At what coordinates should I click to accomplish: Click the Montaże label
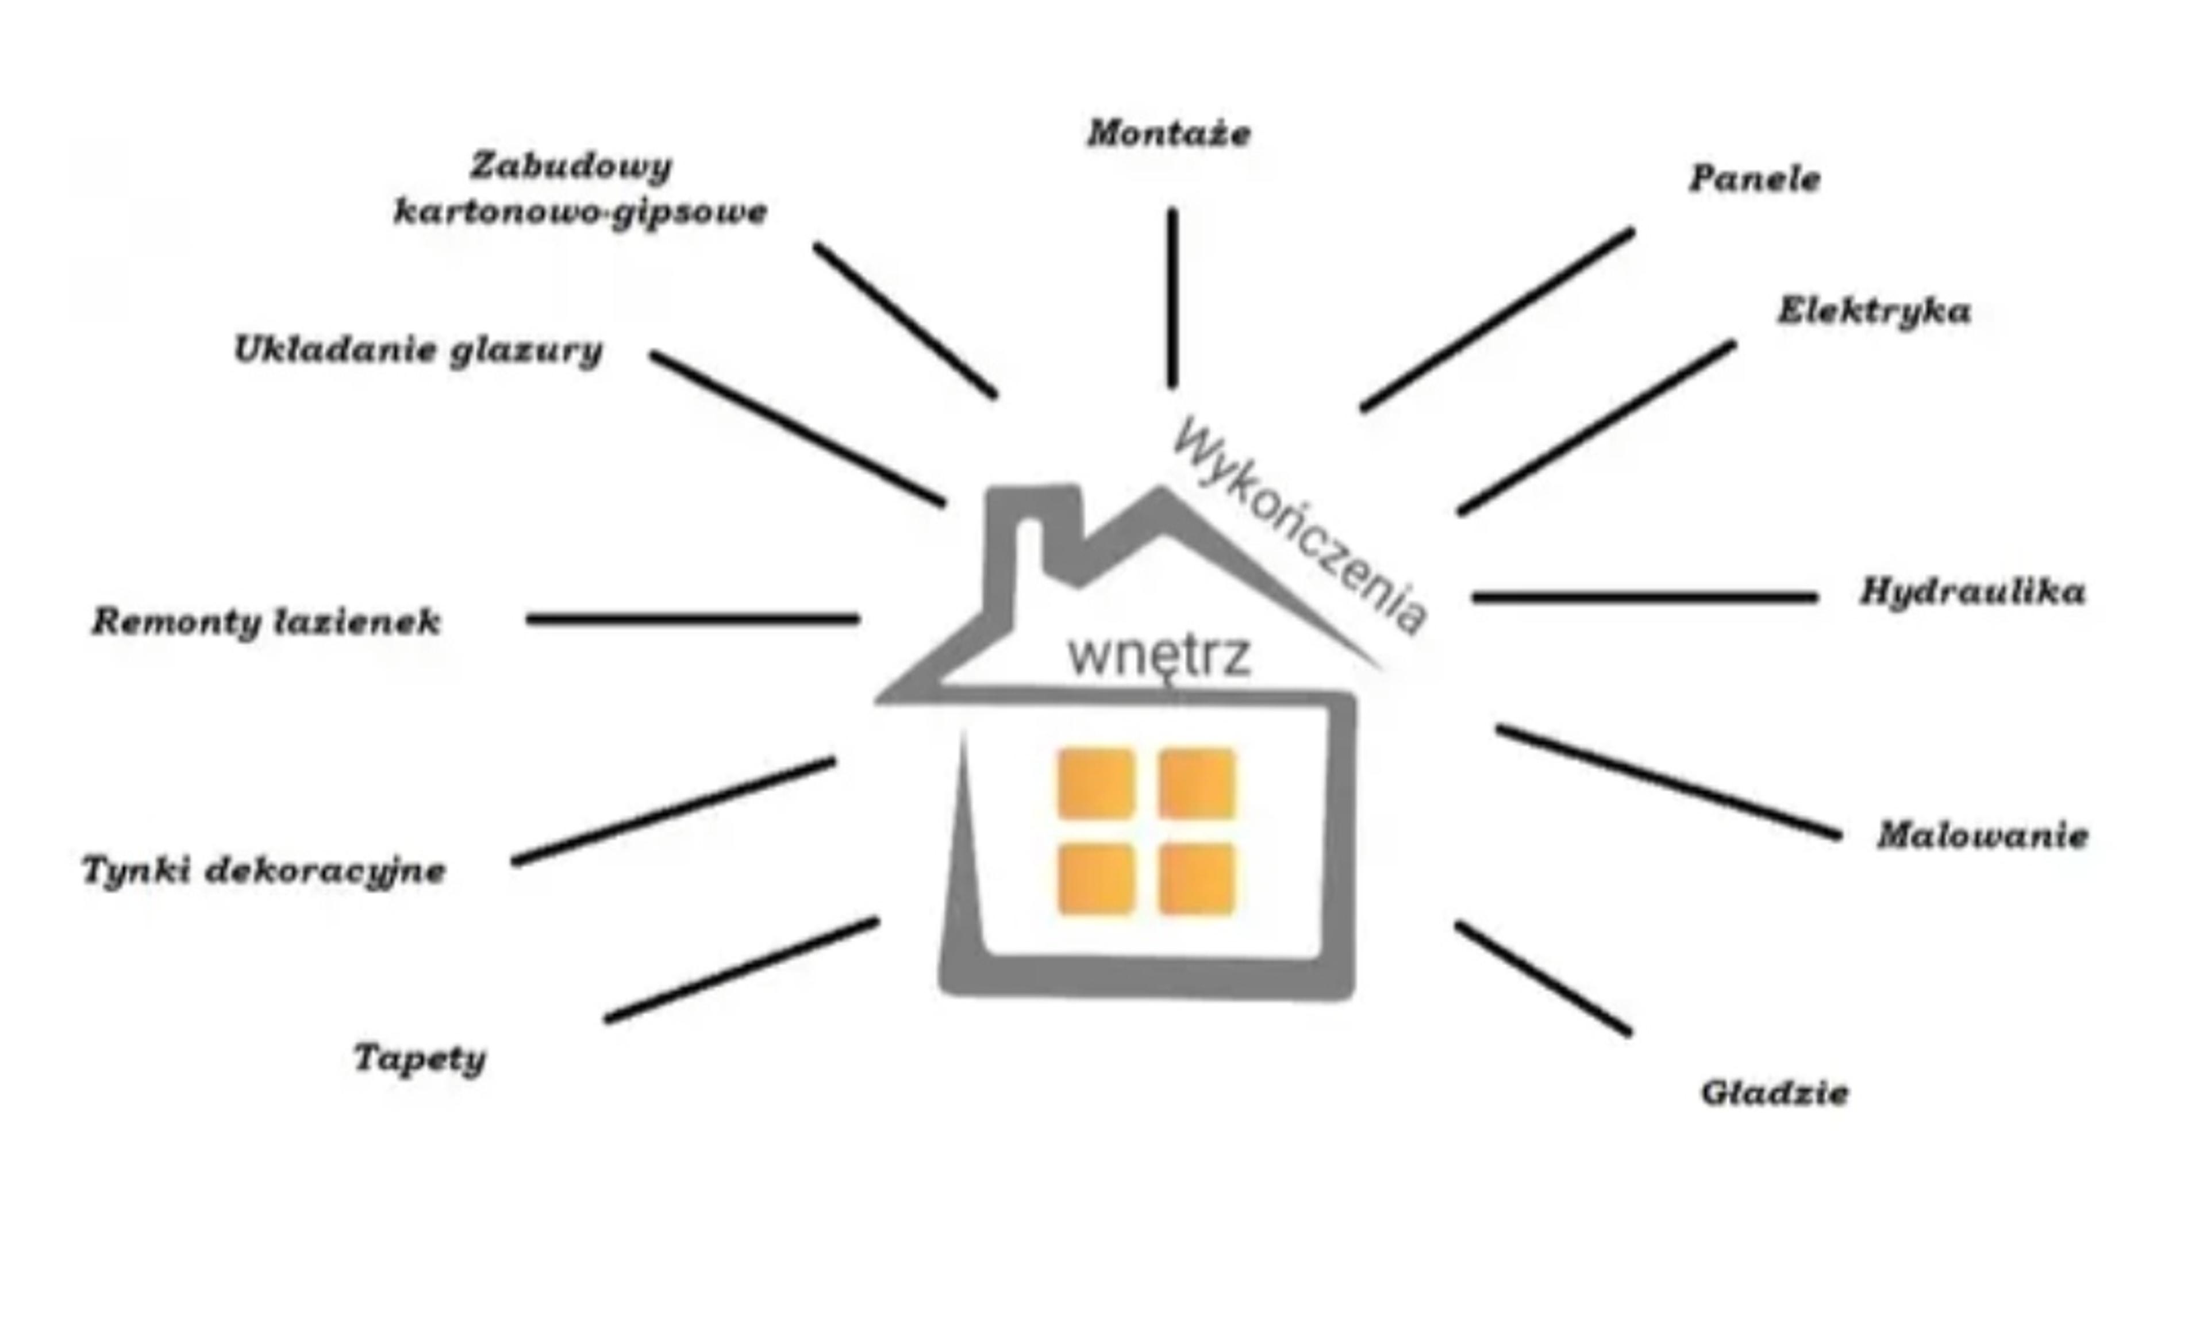click(1169, 133)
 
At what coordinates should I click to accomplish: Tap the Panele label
click(1755, 178)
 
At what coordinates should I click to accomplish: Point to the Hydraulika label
click(1973, 592)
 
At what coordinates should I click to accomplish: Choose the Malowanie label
click(1983, 835)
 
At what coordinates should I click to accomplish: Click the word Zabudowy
click(571, 167)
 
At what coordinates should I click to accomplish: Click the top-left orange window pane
click(1097, 784)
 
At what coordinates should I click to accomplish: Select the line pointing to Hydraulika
click(1644, 596)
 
